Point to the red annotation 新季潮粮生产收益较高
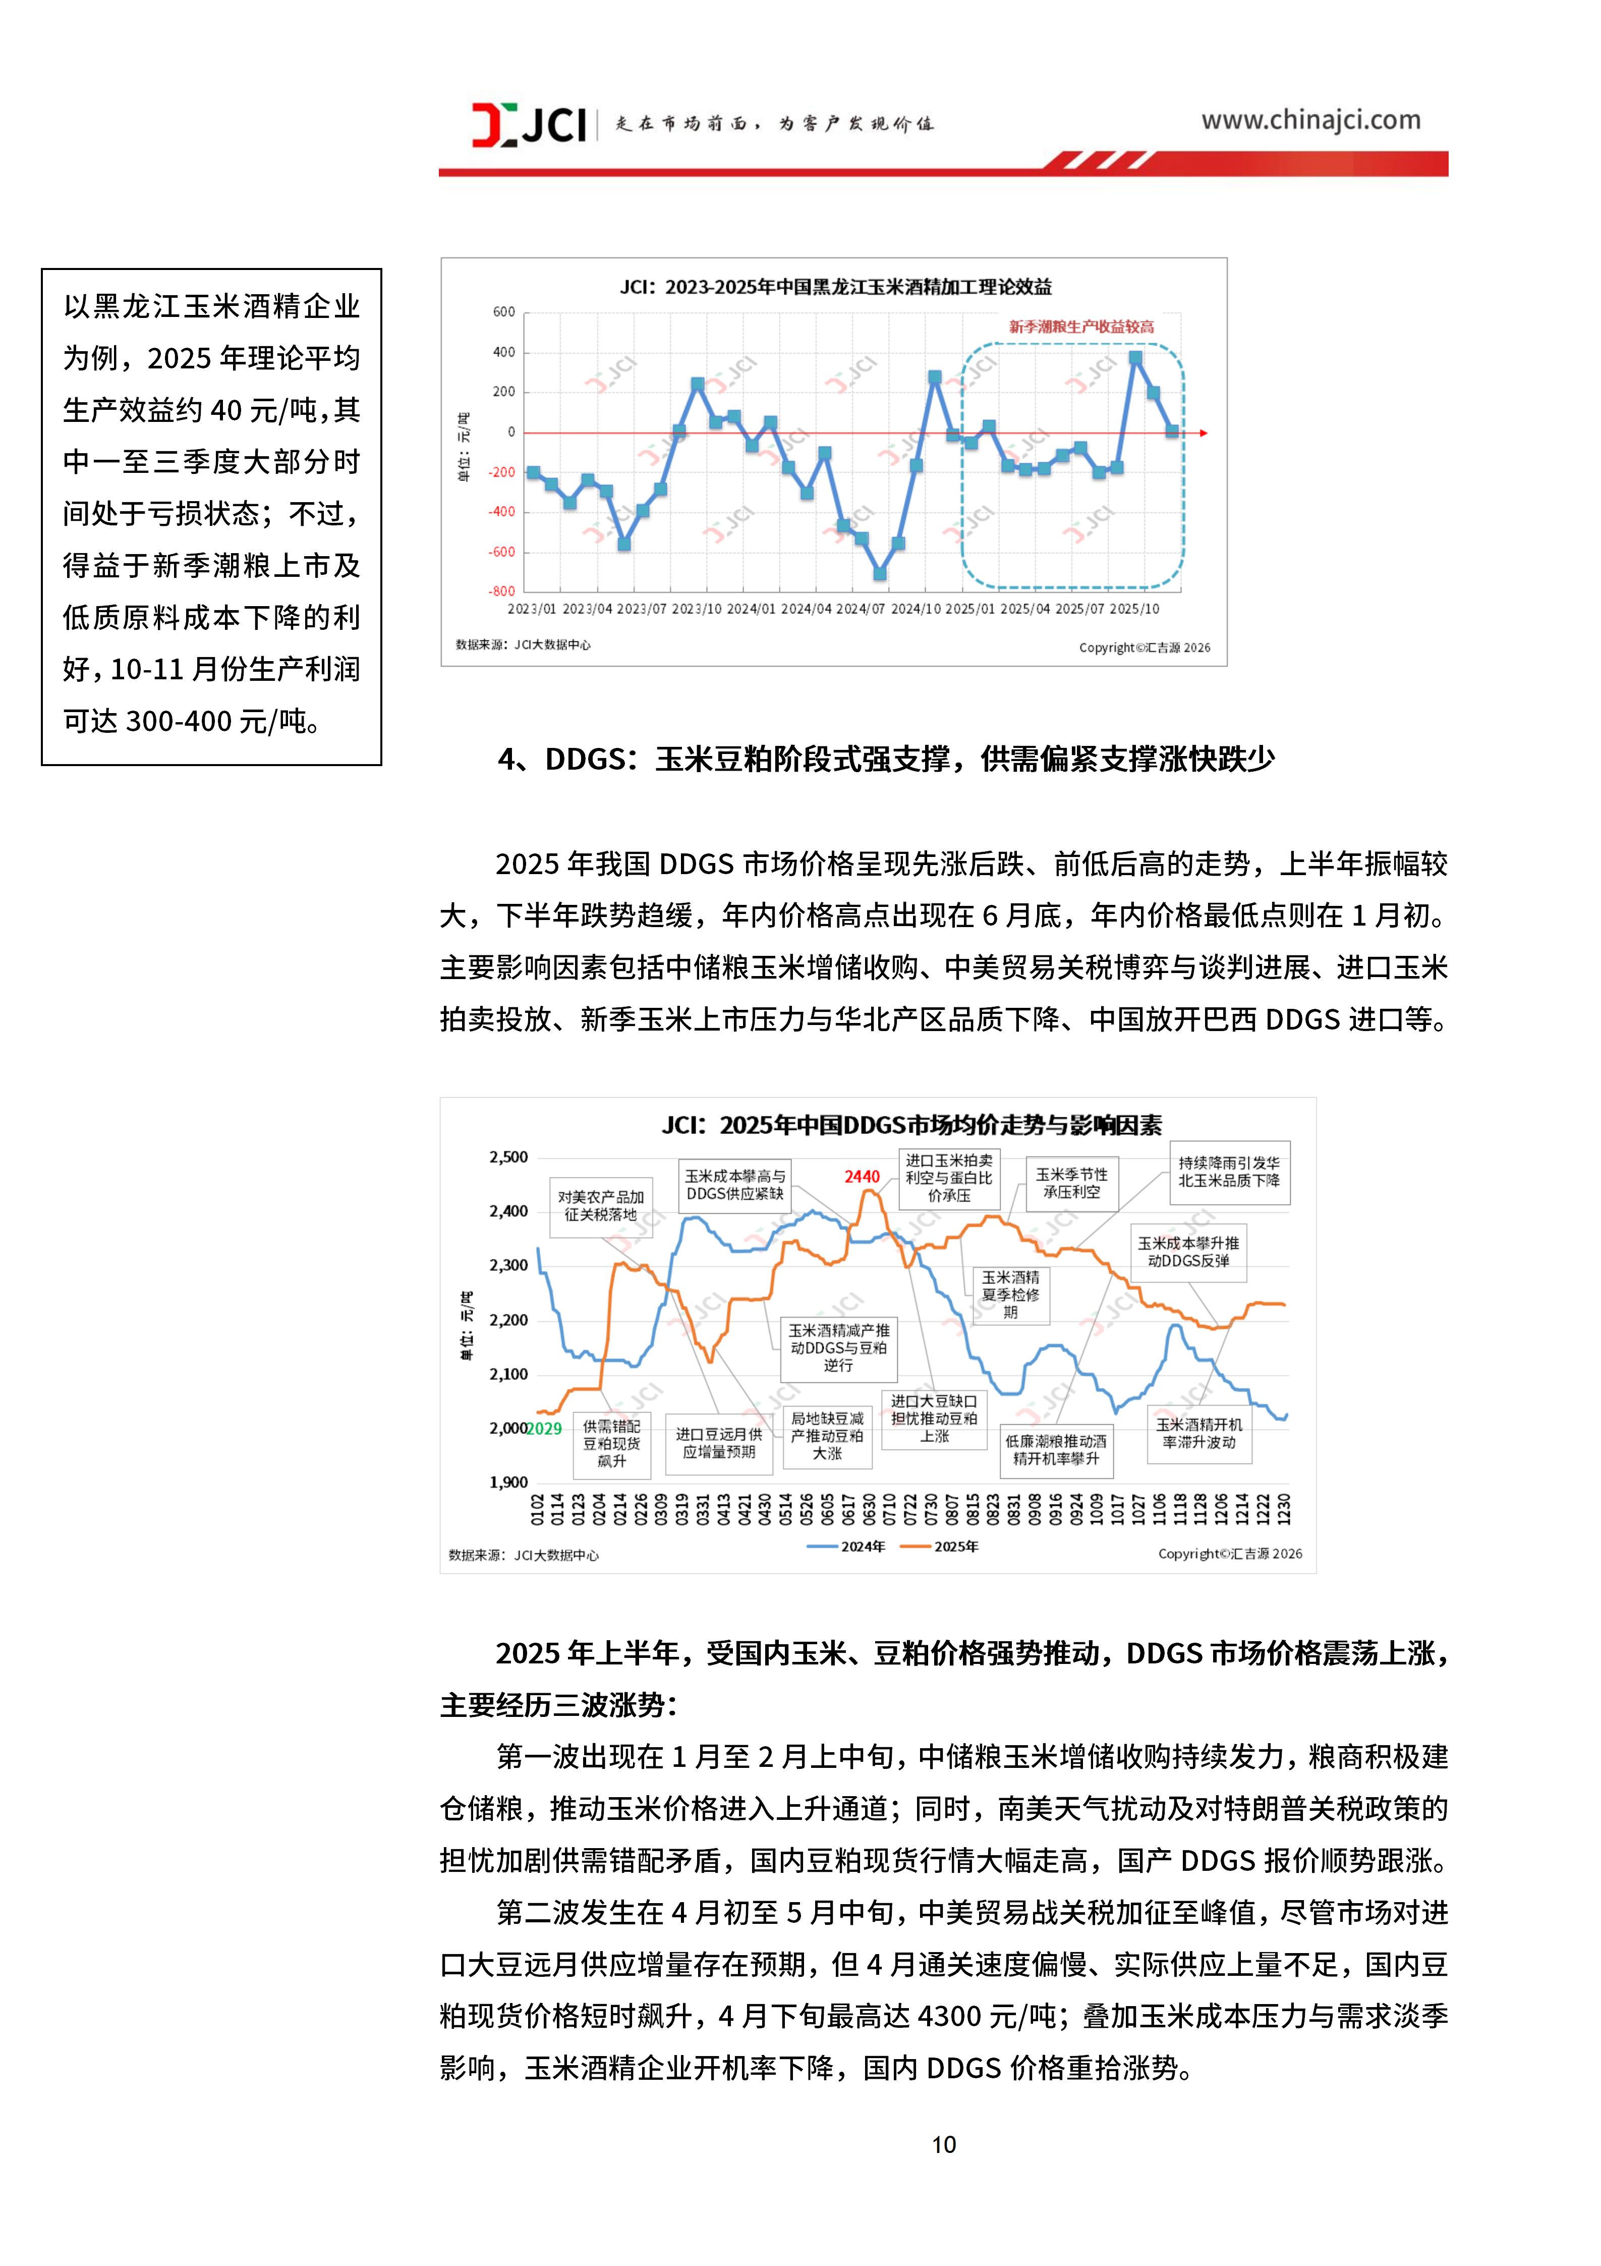click(x=1081, y=327)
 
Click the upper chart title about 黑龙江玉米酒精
click(x=834, y=287)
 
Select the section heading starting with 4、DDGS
click(x=886, y=760)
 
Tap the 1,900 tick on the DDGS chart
click(x=509, y=1482)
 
